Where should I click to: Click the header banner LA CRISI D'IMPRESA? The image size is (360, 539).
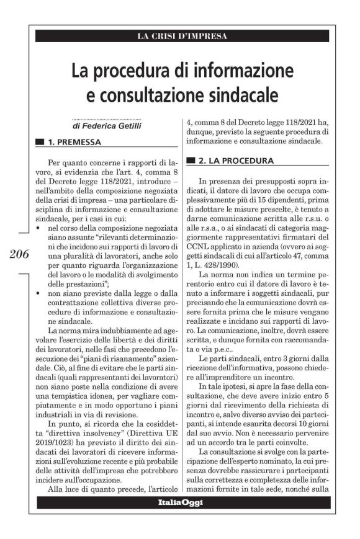(182, 36)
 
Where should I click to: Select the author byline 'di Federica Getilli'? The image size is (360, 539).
(106, 126)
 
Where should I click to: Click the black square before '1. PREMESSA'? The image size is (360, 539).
(40, 142)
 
